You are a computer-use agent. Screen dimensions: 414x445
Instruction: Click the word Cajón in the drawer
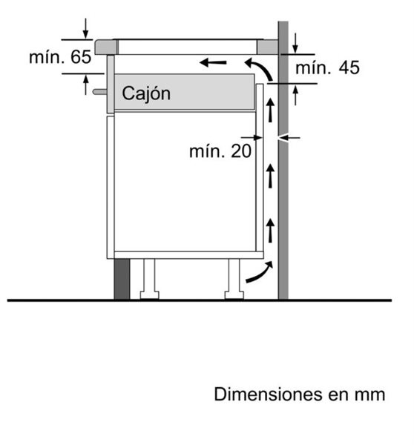(x=146, y=93)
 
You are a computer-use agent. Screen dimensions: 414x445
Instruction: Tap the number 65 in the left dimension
(x=81, y=57)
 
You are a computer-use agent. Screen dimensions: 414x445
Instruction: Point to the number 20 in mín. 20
(x=241, y=151)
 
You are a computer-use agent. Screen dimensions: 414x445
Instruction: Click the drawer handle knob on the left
(x=99, y=92)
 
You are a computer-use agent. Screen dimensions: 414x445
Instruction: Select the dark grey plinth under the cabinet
(x=122, y=279)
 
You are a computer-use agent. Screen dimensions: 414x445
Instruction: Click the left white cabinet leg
(x=149, y=279)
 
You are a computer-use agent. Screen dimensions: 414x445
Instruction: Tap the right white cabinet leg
(x=234, y=279)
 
